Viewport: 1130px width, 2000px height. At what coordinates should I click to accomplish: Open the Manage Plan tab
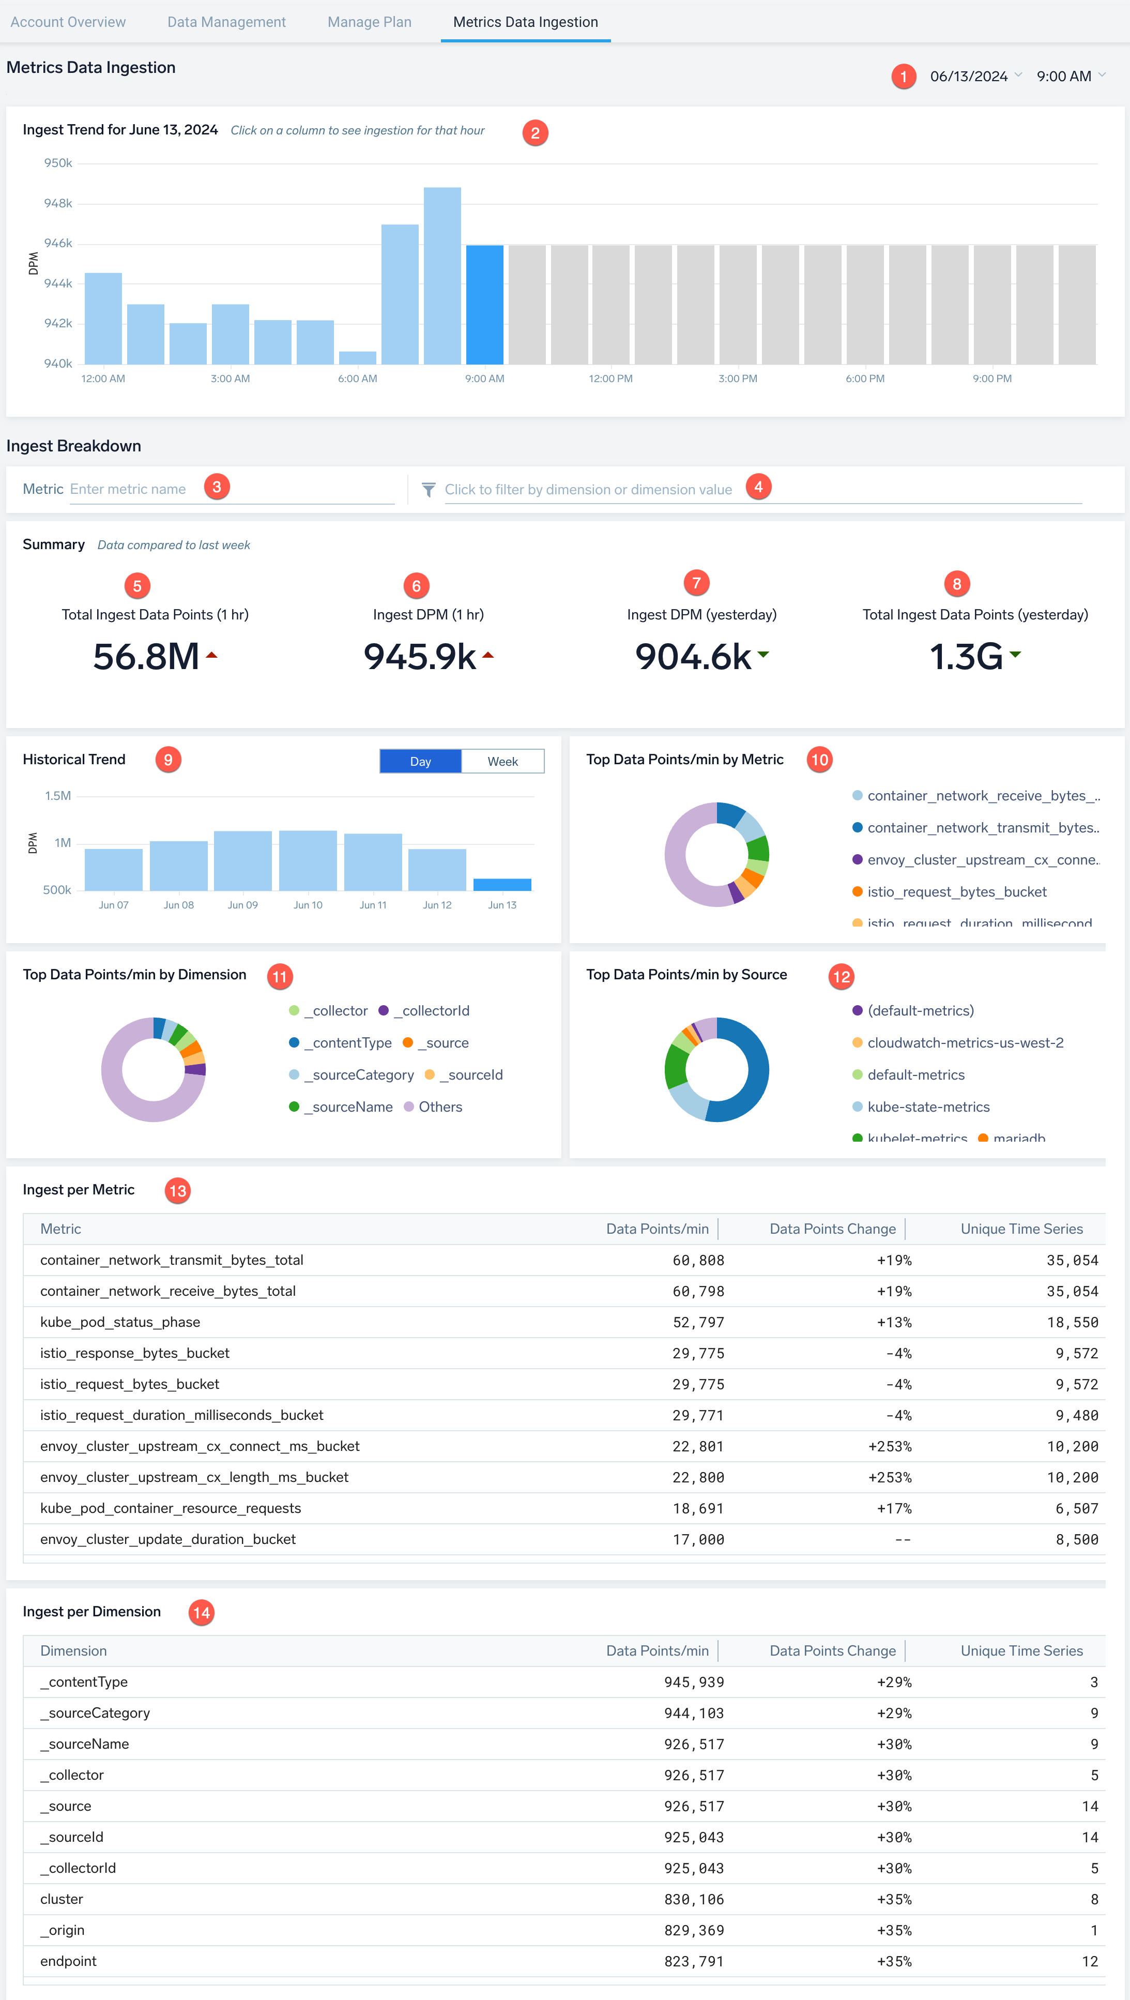tap(370, 22)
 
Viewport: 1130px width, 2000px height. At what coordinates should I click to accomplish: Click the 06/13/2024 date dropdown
tap(975, 76)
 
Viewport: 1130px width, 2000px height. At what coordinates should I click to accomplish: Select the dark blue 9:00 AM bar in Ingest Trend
tap(484, 305)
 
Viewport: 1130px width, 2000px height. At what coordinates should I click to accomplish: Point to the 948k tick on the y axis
tap(58, 203)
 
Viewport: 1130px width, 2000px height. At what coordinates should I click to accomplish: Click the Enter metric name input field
tap(231, 490)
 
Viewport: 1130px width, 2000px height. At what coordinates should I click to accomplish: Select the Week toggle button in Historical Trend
tap(502, 762)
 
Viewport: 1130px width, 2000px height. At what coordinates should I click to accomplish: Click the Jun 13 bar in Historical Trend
tap(502, 884)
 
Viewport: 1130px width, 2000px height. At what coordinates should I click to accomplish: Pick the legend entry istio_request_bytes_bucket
tap(956, 892)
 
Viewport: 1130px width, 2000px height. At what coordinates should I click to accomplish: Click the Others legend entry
tap(440, 1107)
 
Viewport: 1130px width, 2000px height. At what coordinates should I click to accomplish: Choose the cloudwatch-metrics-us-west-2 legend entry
tap(965, 1043)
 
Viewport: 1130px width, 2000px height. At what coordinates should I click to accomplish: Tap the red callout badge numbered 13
tap(178, 1191)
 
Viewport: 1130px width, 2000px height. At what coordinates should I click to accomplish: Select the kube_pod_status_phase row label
tap(120, 1322)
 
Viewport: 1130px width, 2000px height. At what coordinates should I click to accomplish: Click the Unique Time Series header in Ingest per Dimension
tap(1021, 1650)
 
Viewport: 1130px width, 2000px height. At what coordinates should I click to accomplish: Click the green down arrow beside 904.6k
tap(763, 655)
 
